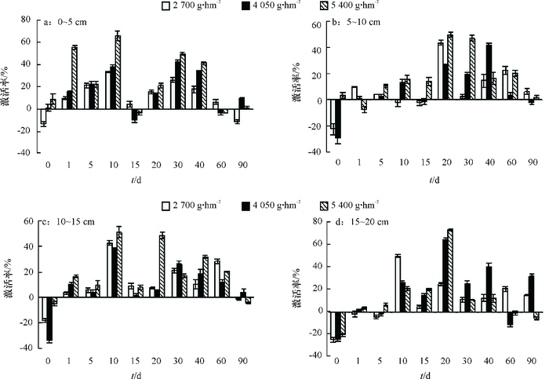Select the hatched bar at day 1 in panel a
pos(75,78)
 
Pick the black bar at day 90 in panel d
pos(531,293)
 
